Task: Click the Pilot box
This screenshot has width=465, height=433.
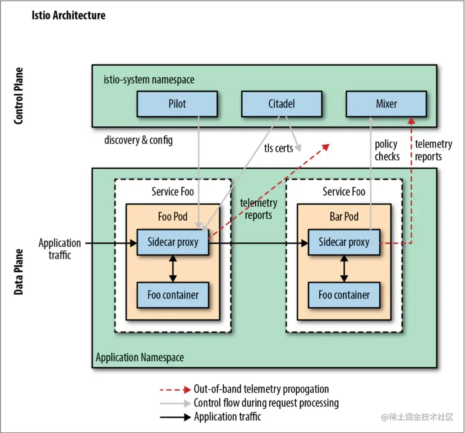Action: [x=177, y=104]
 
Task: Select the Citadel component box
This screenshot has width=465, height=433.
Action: [x=281, y=104]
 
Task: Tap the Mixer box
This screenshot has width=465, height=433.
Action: [x=386, y=104]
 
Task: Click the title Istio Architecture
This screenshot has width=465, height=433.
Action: [x=69, y=15]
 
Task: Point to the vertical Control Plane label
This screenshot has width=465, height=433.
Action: [x=18, y=96]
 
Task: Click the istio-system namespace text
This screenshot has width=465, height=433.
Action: [x=149, y=80]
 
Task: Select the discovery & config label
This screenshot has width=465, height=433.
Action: [x=138, y=140]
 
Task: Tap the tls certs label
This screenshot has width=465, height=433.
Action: [x=278, y=148]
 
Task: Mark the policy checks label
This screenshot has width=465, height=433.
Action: [x=387, y=150]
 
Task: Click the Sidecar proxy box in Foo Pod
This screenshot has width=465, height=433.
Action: [x=173, y=242]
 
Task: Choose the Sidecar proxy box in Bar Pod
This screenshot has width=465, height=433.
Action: [x=344, y=242]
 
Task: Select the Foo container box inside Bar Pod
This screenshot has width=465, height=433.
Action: [x=344, y=295]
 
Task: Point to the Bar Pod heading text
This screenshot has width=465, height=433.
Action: [x=344, y=217]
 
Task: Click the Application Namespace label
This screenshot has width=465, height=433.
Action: [x=140, y=358]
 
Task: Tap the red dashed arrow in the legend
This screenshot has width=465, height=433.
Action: [x=175, y=389]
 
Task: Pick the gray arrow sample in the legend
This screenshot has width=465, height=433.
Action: [x=175, y=403]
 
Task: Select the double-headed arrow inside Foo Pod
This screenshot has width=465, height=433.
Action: [x=173, y=269]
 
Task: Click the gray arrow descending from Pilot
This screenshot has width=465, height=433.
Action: [x=199, y=171]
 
